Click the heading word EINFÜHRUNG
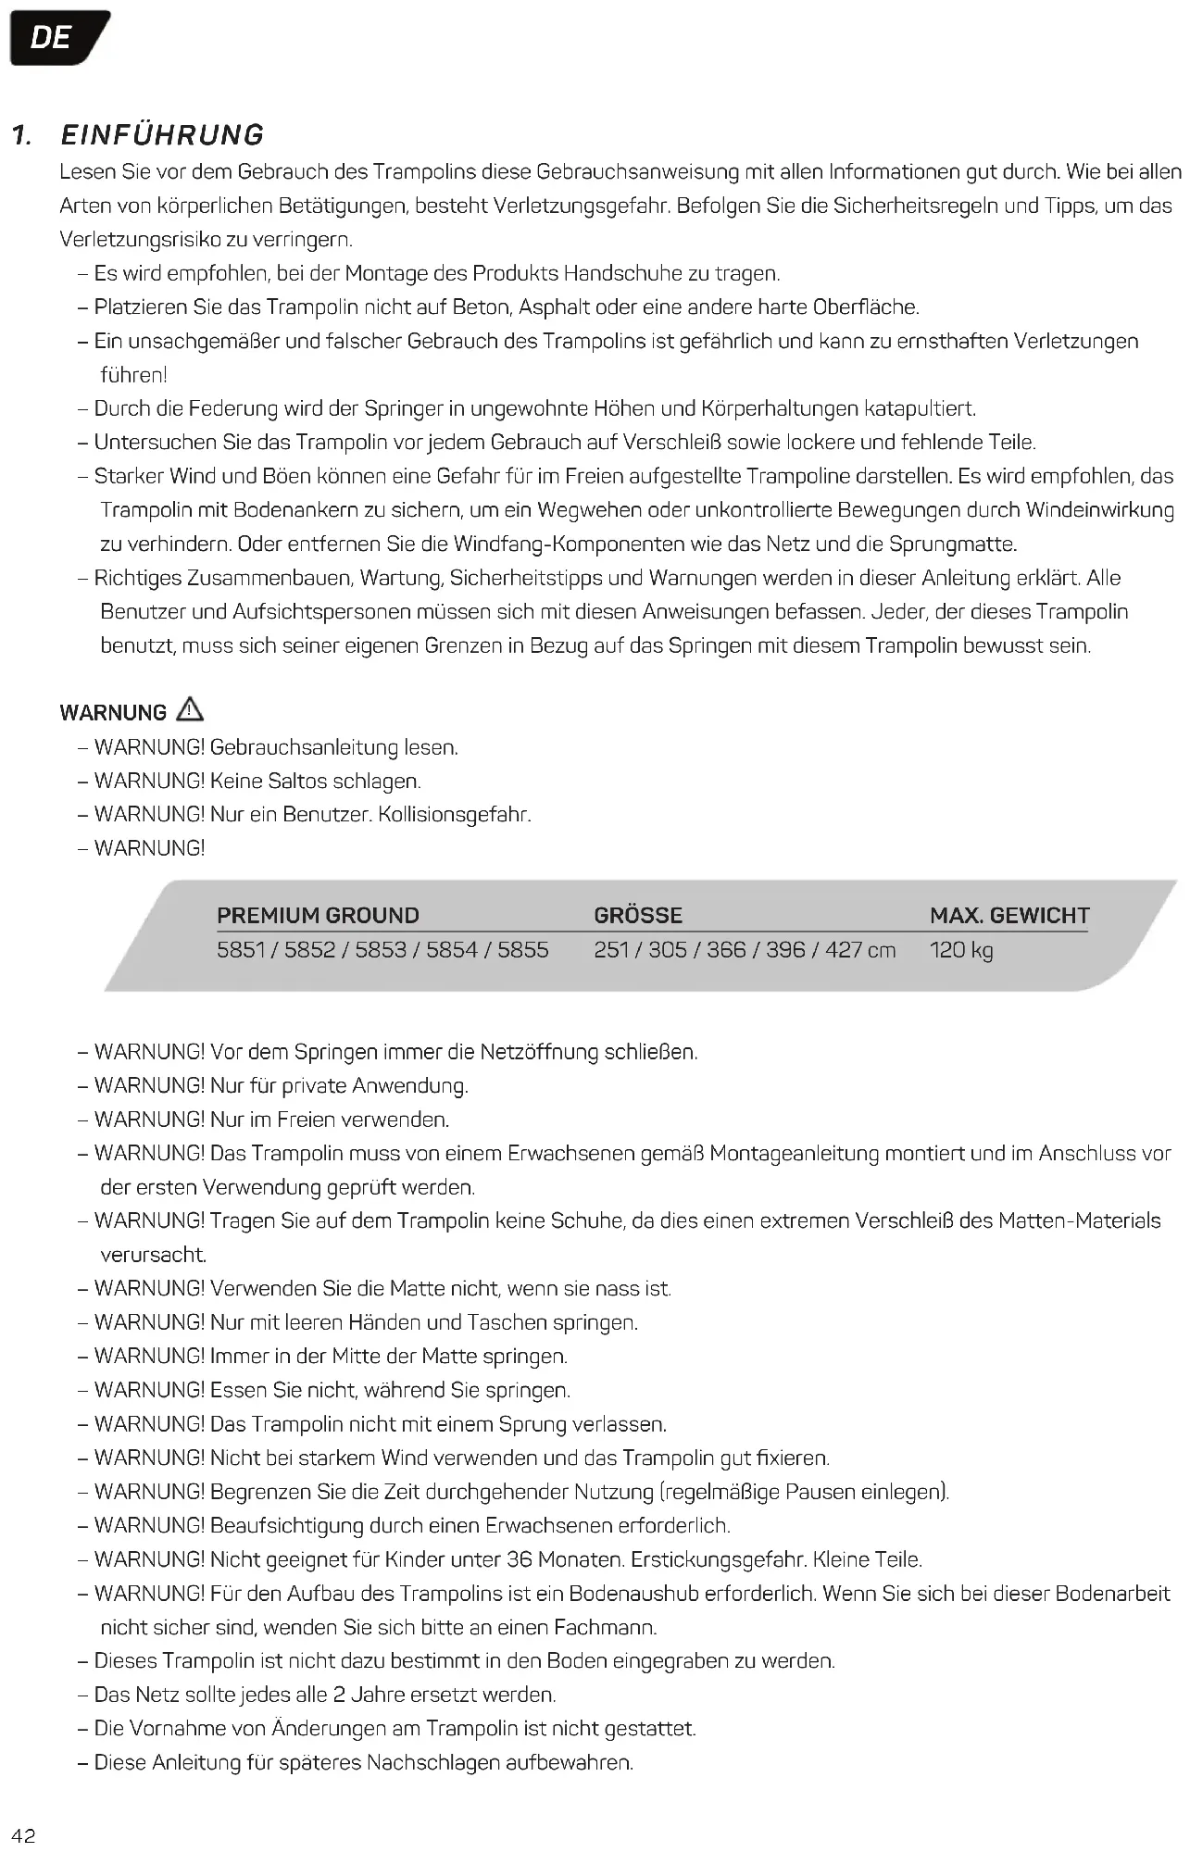(x=162, y=135)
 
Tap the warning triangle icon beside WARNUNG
(x=190, y=710)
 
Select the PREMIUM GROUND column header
(x=318, y=916)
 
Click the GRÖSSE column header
(x=638, y=916)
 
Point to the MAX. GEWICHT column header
(x=1009, y=916)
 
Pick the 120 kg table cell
(x=961, y=950)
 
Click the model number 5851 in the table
(x=240, y=950)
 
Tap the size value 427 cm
(x=860, y=950)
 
